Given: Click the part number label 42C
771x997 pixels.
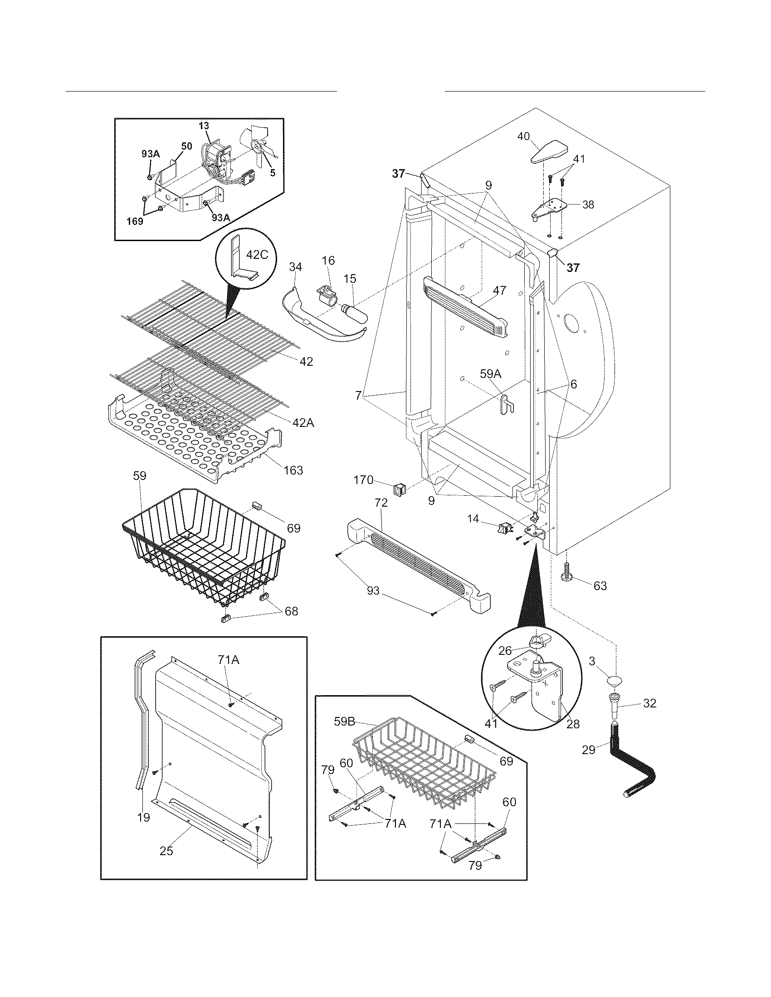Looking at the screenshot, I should (x=257, y=255).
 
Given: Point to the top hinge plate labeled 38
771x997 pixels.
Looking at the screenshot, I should (x=551, y=208).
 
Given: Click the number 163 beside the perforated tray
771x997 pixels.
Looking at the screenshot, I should (x=293, y=470).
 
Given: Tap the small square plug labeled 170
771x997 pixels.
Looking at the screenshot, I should (x=399, y=490).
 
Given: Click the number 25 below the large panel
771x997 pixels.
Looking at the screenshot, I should (x=166, y=852).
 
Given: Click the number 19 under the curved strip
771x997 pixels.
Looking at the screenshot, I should (x=143, y=818).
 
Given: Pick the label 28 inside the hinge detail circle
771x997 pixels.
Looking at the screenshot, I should (x=573, y=725).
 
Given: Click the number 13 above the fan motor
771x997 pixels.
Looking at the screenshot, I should (x=204, y=126).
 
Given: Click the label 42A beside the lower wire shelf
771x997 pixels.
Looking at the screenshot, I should (x=303, y=423).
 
